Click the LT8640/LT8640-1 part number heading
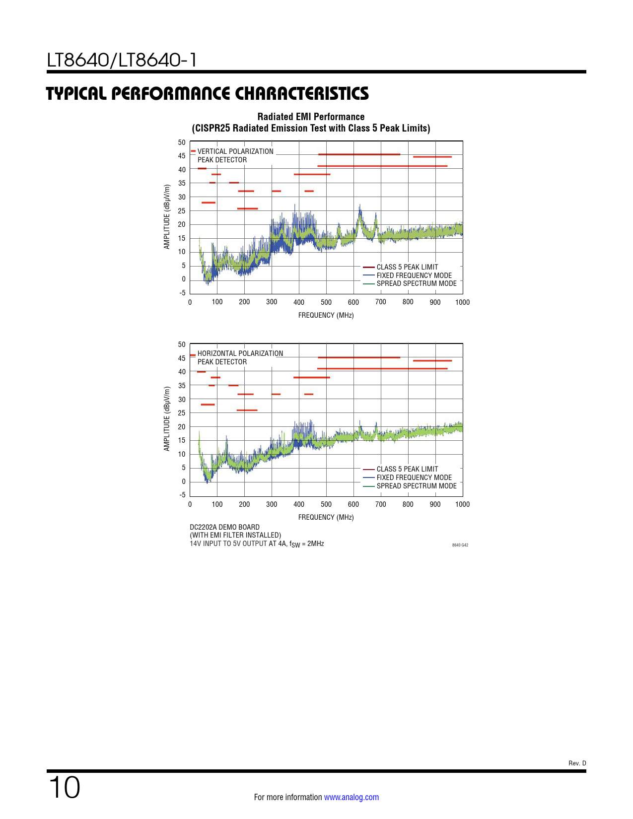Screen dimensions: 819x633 pos(122,61)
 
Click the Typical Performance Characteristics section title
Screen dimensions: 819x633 pos(208,93)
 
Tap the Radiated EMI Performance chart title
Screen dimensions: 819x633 pos(311,117)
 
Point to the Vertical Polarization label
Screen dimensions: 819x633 pos(235,151)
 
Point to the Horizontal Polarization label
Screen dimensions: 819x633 pos(240,353)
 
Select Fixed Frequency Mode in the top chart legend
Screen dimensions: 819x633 pos(414,275)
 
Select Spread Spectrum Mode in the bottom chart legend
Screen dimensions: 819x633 pos(417,486)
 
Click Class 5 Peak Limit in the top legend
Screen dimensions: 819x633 pos(407,267)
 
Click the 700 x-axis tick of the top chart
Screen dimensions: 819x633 pos(381,302)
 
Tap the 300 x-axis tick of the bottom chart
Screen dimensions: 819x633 pos(272,504)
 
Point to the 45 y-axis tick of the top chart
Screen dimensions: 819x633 pos(182,156)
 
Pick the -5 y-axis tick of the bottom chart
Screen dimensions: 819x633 pos(182,495)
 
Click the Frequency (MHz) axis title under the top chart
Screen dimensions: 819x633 pos(326,315)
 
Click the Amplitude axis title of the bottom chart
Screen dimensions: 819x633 pos(167,419)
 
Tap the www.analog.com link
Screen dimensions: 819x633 pos(352,797)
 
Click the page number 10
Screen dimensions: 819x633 pos(64,788)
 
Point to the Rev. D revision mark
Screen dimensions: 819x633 pos(577,763)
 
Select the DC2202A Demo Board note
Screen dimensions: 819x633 pos(224,527)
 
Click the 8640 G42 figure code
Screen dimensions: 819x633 pos(460,545)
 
